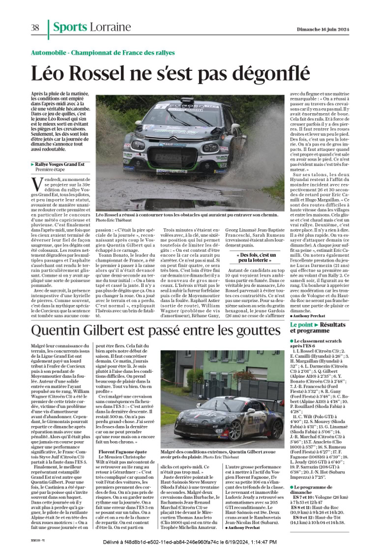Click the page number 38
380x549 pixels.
click(x=35, y=28)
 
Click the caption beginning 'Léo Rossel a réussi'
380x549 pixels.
click(x=190, y=215)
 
